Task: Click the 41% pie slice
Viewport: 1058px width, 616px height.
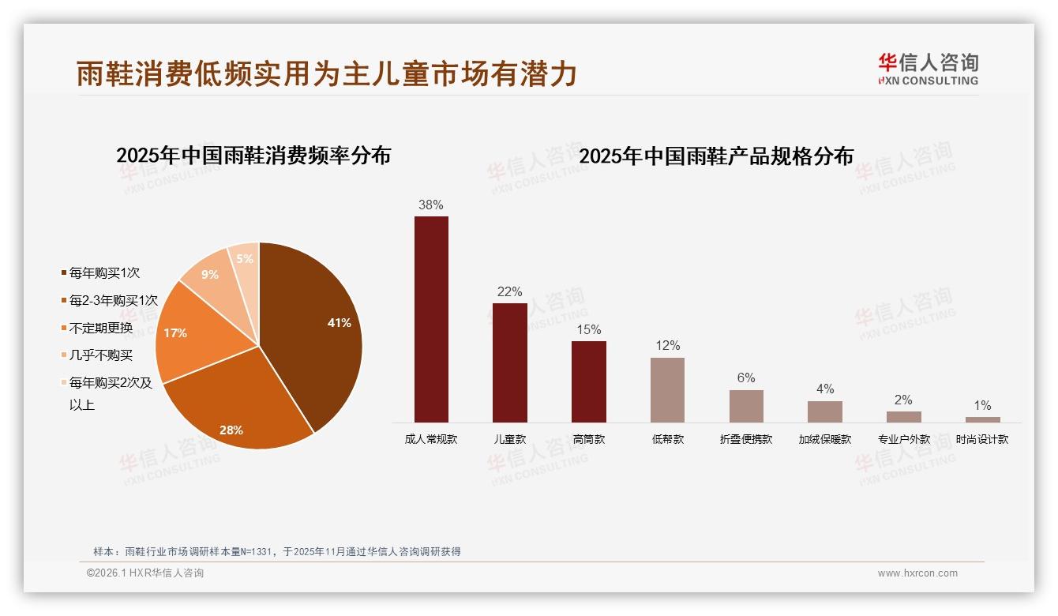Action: (x=316, y=332)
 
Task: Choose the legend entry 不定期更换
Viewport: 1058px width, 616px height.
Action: (x=100, y=329)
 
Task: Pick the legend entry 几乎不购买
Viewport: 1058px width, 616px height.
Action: (x=100, y=356)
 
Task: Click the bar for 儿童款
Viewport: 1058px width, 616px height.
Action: (x=509, y=362)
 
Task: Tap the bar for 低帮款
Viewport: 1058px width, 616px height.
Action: (x=667, y=390)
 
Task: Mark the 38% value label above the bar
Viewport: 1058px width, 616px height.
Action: (x=430, y=205)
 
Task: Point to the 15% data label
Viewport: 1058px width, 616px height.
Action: (x=588, y=330)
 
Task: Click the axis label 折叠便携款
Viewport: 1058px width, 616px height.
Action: (x=746, y=440)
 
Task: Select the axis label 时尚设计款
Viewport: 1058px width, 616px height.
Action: (x=981, y=440)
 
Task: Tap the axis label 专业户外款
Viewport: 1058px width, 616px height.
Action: (x=903, y=440)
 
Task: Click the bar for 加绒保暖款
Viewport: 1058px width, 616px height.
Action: (x=824, y=411)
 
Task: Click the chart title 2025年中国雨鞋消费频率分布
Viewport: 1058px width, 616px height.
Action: (x=253, y=155)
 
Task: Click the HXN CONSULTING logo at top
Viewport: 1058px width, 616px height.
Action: (x=928, y=69)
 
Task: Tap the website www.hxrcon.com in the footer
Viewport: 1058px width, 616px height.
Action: (x=917, y=573)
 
